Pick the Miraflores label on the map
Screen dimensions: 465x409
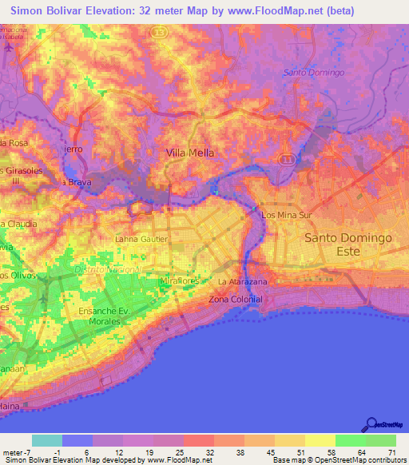pyautogui.click(x=179, y=283)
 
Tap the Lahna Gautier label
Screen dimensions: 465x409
pyautogui.click(x=141, y=239)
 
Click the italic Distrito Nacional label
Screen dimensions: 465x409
pyautogui.click(x=107, y=269)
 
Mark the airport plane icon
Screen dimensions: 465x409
pyautogui.click(x=8, y=46)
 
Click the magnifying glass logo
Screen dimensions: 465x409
pyautogui.click(x=371, y=423)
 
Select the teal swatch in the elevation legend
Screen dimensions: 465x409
pyautogui.click(x=47, y=440)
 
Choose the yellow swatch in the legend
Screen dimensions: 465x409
pyautogui.click(x=320, y=440)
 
